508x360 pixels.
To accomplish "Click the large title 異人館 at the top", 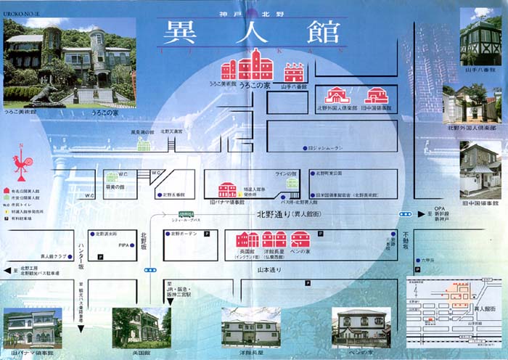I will point(247,32).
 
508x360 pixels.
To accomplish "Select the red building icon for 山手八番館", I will point(294,73).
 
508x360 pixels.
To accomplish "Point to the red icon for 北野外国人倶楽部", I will point(336,96).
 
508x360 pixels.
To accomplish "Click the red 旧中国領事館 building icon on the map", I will point(376,96).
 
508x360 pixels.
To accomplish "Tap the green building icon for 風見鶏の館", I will point(144,144).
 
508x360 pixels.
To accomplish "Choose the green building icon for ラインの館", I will point(292,183).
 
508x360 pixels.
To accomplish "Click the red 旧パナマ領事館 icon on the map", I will point(227,190).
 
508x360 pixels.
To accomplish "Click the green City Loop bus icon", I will point(187,214).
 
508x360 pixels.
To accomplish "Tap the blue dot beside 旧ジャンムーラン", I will point(306,148).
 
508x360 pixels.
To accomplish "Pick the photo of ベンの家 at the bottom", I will point(361,327).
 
